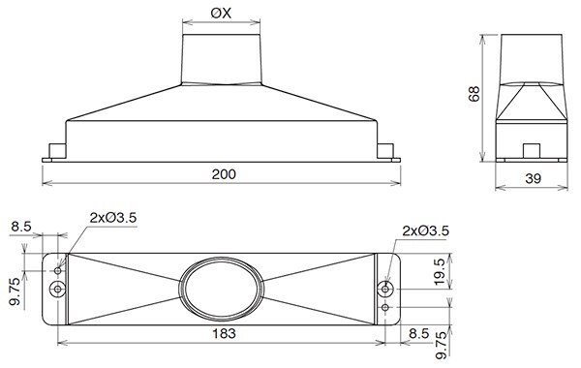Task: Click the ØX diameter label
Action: click(x=221, y=14)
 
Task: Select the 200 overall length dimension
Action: click(x=224, y=174)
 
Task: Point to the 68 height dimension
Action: click(x=474, y=93)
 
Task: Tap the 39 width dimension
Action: click(x=533, y=178)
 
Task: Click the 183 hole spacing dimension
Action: click(x=224, y=333)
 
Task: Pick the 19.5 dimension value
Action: click(x=439, y=272)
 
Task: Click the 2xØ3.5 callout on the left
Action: click(x=113, y=218)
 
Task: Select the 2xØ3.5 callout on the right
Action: click(x=426, y=230)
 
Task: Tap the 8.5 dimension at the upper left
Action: click(x=21, y=227)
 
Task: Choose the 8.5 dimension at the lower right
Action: click(x=419, y=333)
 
